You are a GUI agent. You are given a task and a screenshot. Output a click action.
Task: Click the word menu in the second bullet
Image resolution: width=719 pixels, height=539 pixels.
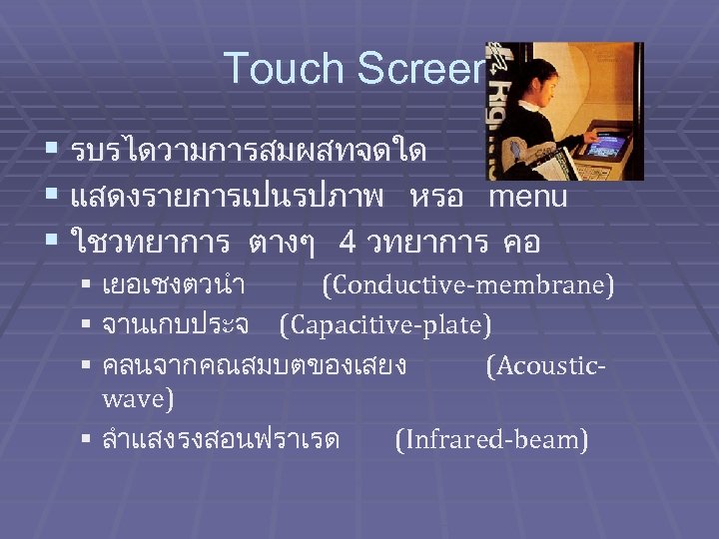(x=527, y=197)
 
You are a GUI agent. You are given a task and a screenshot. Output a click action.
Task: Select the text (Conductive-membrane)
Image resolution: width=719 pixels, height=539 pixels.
(x=467, y=286)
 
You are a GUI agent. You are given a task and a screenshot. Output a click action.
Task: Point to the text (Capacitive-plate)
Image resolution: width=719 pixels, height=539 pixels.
(x=385, y=325)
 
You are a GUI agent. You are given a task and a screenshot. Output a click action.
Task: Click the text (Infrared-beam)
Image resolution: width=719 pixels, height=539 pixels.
(x=491, y=439)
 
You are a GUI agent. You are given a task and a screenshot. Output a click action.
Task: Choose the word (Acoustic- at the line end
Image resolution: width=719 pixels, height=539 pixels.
(x=545, y=365)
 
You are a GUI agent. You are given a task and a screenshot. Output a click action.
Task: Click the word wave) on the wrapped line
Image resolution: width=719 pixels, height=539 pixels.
(x=138, y=400)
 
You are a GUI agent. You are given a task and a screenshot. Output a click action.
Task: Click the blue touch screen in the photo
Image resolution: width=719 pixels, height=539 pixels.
(x=606, y=146)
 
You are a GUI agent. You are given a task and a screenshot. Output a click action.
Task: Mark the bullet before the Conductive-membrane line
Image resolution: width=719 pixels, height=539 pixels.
(x=87, y=287)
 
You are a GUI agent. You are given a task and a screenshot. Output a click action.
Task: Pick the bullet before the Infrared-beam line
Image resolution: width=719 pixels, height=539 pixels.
(x=87, y=440)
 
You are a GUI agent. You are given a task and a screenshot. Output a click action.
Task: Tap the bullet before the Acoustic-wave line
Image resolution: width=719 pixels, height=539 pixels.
(x=87, y=366)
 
